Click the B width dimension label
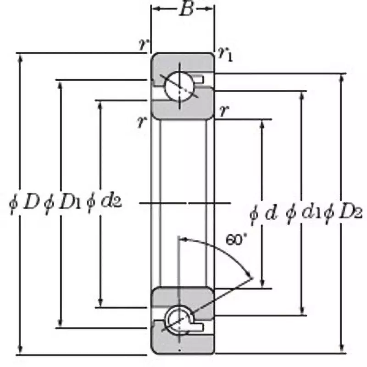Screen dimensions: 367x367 point(185,9)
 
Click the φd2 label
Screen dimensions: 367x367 point(104,202)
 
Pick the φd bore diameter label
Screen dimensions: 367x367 point(264,214)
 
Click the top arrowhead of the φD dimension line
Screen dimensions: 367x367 point(20,57)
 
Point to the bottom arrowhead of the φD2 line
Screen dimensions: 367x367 point(342,350)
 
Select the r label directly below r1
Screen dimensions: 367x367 point(224,111)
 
